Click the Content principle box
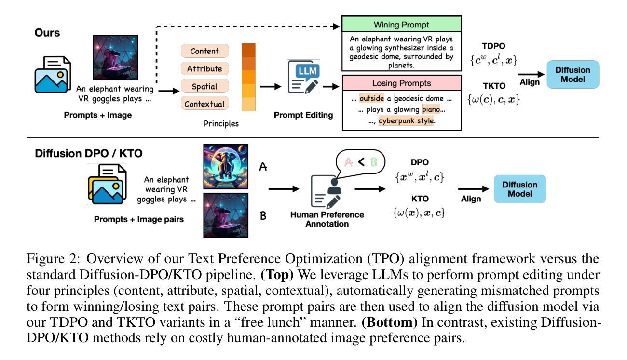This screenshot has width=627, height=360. (204, 51)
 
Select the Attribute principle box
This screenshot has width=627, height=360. (204, 68)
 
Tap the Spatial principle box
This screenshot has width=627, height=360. (204, 86)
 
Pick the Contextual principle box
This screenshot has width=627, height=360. (204, 104)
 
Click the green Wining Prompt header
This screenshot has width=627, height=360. (401, 24)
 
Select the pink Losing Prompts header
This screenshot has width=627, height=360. (401, 83)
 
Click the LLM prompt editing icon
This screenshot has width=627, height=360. (303, 77)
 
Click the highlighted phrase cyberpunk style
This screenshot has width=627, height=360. (406, 120)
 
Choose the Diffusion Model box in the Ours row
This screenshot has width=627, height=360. (572, 75)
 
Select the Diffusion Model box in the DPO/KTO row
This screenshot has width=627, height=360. (520, 189)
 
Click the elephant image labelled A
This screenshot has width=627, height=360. (226, 167)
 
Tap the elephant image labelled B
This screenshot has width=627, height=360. (226, 215)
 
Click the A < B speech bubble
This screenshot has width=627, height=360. (360, 161)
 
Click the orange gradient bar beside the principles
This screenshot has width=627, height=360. (248, 77)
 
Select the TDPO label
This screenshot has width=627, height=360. (494, 46)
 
